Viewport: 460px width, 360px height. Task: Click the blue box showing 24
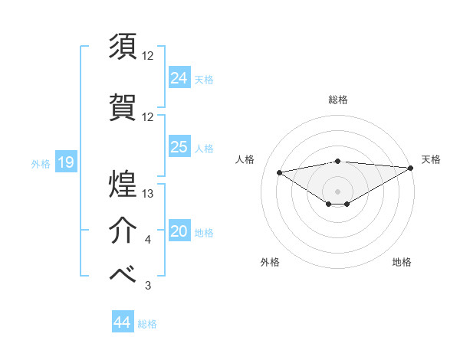179,77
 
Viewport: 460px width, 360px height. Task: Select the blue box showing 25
179,147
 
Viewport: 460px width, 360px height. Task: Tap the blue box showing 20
179,231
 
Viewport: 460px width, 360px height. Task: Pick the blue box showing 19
65,162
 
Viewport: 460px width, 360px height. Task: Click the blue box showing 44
122,322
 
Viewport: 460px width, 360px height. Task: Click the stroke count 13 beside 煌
149,194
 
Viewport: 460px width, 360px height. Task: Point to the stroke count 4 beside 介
148,241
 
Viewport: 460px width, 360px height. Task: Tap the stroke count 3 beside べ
148,286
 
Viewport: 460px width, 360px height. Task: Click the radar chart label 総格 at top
338,100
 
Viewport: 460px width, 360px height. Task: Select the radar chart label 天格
432,159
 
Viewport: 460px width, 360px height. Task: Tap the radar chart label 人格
245,159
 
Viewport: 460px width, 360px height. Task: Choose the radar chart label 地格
402,262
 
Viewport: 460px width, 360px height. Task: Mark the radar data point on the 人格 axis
279,172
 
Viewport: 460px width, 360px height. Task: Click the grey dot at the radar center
337,191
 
